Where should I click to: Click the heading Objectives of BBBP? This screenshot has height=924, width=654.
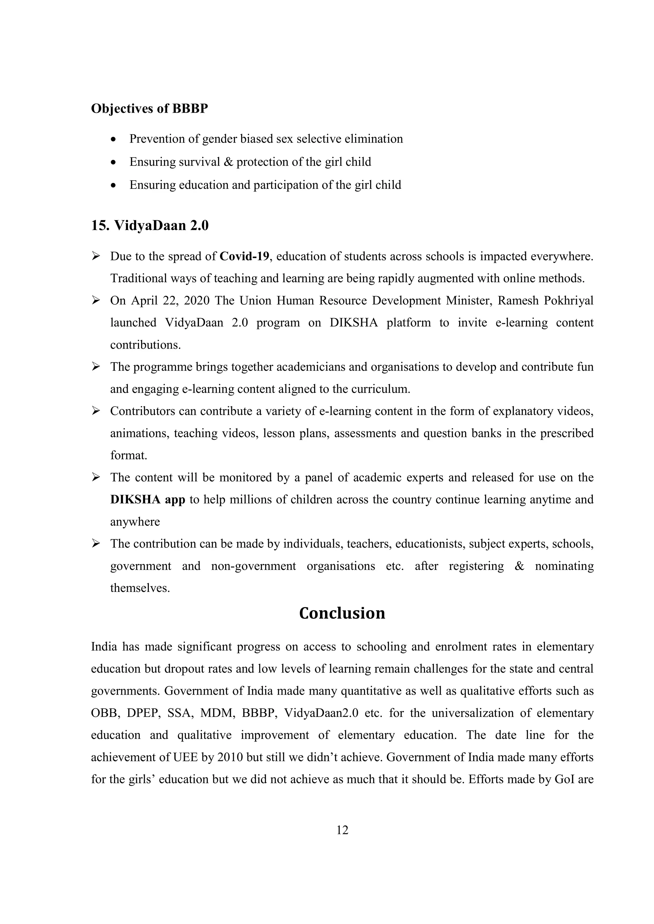pos(149,109)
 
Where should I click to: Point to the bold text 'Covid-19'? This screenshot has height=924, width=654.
pos(244,256)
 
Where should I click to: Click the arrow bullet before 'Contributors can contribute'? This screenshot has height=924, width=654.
pos(96,411)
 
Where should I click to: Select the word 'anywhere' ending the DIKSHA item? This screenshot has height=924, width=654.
pos(135,522)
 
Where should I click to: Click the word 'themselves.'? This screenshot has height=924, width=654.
pos(140,588)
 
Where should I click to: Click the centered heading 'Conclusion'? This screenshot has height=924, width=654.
pos(342,613)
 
